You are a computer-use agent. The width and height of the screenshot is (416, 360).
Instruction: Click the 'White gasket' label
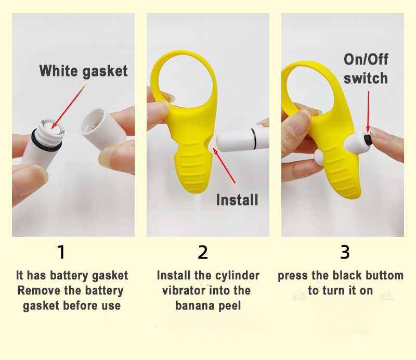pos(83,71)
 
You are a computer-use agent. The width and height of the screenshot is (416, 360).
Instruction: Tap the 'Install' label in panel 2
pos(237,200)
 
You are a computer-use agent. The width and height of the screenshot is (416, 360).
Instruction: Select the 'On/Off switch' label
pos(366,69)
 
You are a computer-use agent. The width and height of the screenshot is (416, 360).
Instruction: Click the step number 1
pos(61,252)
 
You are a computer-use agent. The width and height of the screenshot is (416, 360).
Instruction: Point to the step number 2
pos(203,252)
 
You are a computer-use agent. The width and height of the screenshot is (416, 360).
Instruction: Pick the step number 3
pos(345,252)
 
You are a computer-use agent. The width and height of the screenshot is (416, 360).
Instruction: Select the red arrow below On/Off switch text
pos(368,112)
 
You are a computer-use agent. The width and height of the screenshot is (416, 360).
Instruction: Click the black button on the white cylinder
pos(368,139)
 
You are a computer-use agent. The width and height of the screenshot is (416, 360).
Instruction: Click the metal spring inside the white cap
pos(96,125)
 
